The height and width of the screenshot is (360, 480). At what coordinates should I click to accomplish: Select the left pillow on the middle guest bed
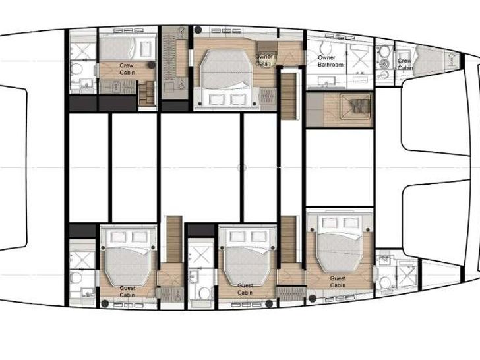pos(231,235)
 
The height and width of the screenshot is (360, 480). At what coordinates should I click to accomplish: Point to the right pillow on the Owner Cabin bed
pos(236,98)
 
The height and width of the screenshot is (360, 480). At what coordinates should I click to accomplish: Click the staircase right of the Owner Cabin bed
pos(287,96)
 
